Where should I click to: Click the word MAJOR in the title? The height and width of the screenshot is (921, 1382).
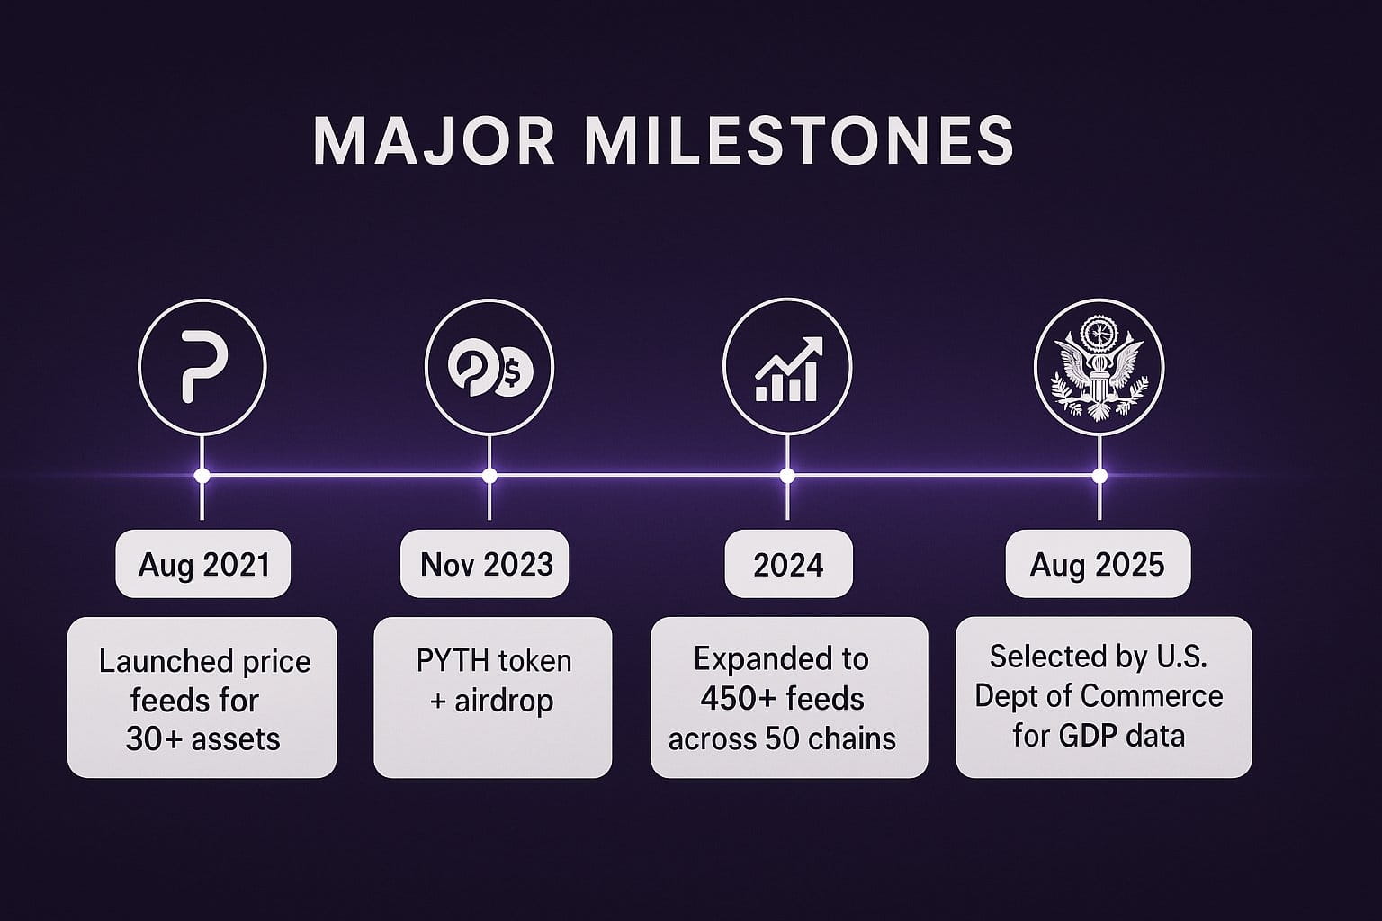pyautogui.click(x=434, y=140)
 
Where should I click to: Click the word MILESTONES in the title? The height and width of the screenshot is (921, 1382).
pyautogui.click(x=799, y=140)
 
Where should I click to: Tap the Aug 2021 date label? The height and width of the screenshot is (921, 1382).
pyautogui.click(x=203, y=565)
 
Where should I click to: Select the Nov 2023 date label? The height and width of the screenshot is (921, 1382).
pyautogui.click(x=486, y=564)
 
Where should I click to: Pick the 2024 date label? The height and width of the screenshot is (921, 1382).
pyautogui.click(x=788, y=565)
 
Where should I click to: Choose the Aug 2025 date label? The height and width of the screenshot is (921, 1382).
pyautogui.click(x=1097, y=565)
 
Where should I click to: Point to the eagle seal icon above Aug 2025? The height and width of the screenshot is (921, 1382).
pyautogui.click(x=1099, y=368)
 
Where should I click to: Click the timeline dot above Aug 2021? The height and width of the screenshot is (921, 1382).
pyautogui.click(x=202, y=476)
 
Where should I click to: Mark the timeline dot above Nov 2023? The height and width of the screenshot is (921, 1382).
pyautogui.click(x=489, y=476)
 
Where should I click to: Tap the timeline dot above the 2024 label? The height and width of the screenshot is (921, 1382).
pyautogui.click(x=787, y=476)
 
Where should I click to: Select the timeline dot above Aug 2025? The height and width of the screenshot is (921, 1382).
pyautogui.click(x=1099, y=476)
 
